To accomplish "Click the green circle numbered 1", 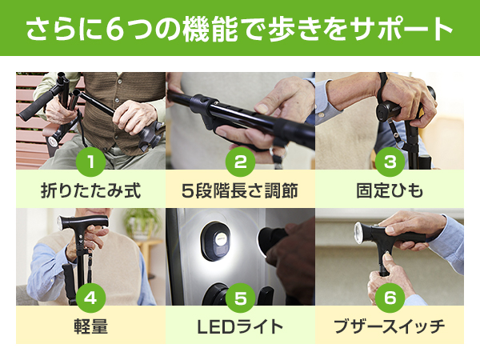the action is [x=91, y=162].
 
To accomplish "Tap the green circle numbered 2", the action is [x=240, y=162].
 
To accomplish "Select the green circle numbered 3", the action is [x=390, y=162].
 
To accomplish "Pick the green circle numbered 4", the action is [x=91, y=298].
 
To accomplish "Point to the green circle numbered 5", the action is [x=240, y=298].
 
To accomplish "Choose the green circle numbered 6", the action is [x=390, y=298].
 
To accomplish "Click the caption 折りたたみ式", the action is [x=91, y=190].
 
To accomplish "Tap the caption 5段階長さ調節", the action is [x=240, y=190].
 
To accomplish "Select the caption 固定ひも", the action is [x=390, y=190].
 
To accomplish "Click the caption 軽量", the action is [x=91, y=326].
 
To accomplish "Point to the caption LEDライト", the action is [x=240, y=326].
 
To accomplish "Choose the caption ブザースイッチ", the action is [x=390, y=326].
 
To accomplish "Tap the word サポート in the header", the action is [x=402, y=29].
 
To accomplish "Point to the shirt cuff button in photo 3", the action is [x=321, y=115].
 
